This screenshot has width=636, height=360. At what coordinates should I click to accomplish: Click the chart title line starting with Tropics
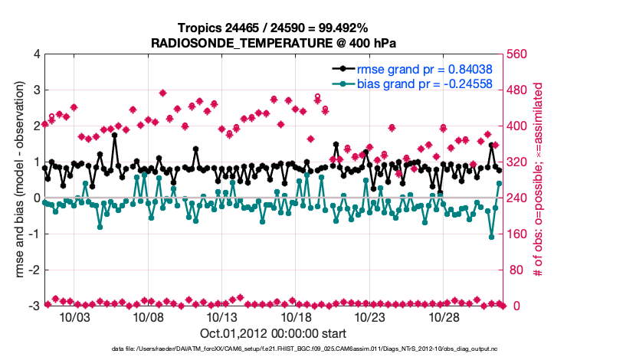[273, 28]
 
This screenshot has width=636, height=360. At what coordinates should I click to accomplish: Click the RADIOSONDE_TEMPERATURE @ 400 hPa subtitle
[273, 44]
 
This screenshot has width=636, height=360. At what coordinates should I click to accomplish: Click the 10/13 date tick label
[222, 317]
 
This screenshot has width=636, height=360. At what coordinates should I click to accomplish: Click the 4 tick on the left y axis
[36, 54]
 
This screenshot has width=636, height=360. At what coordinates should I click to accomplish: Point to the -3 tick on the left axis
[33, 306]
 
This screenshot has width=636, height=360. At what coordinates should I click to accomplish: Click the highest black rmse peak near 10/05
[114, 136]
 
